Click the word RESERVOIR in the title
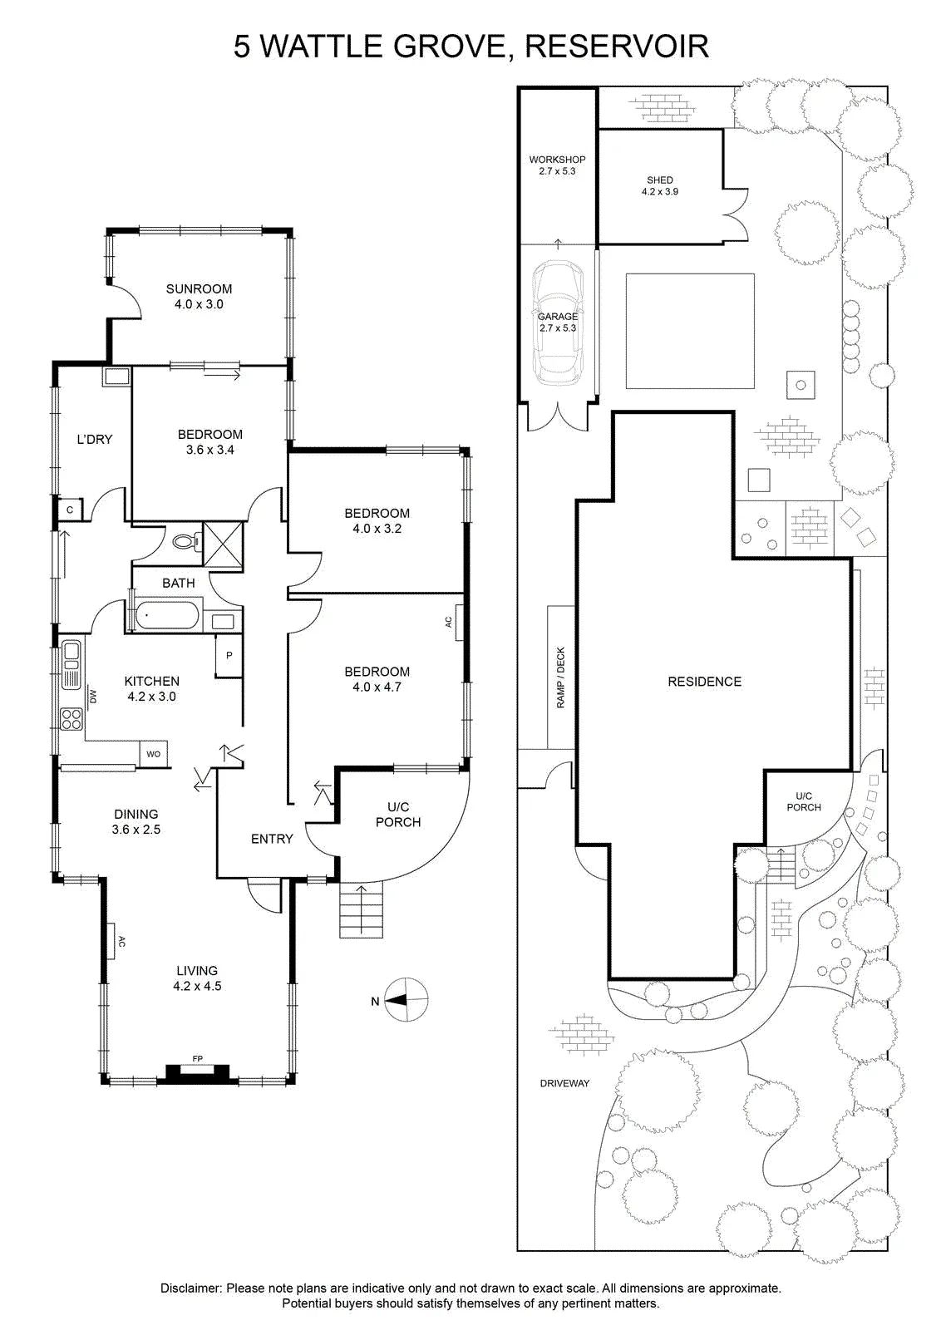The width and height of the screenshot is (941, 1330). (617, 47)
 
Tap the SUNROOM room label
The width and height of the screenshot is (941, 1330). (199, 289)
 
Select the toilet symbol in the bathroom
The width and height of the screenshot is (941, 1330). (185, 541)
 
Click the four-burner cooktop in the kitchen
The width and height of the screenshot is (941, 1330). (72, 719)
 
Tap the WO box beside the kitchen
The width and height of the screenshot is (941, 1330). (153, 754)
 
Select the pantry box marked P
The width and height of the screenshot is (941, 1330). (229, 656)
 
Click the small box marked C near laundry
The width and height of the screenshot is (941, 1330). (70, 510)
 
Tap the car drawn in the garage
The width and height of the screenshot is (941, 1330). (558, 323)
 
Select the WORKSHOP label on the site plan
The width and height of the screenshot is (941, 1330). (558, 160)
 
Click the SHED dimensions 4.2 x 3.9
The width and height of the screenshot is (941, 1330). (659, 192)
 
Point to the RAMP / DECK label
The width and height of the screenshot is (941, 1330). (561, 677)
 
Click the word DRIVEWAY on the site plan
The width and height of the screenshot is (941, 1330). (564, 1083)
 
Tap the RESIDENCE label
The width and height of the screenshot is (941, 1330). (705, 682)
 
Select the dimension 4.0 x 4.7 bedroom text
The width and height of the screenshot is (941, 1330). (377, 687)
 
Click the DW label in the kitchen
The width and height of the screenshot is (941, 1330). (93, 696)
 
